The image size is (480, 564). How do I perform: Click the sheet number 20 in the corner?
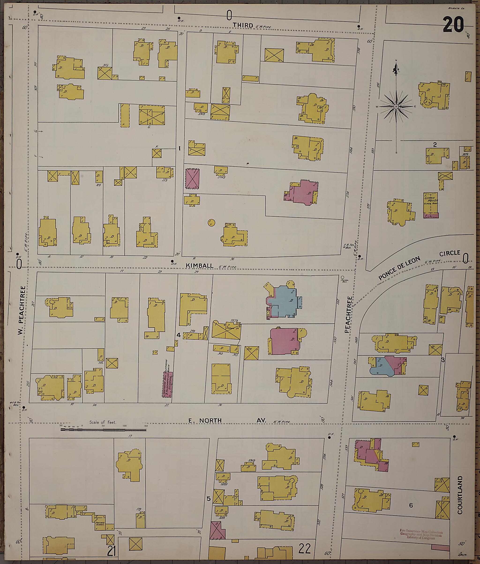point(453,25)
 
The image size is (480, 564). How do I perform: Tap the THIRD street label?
point(243,25)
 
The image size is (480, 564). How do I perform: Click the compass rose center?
point(396,106)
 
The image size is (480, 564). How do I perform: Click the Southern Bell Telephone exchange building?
point(167,384)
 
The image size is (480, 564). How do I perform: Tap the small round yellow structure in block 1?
point(211,223)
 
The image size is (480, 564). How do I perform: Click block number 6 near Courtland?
point(411,505)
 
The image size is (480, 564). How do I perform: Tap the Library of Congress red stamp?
point(421,534)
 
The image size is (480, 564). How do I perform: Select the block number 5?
point(208,499)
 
